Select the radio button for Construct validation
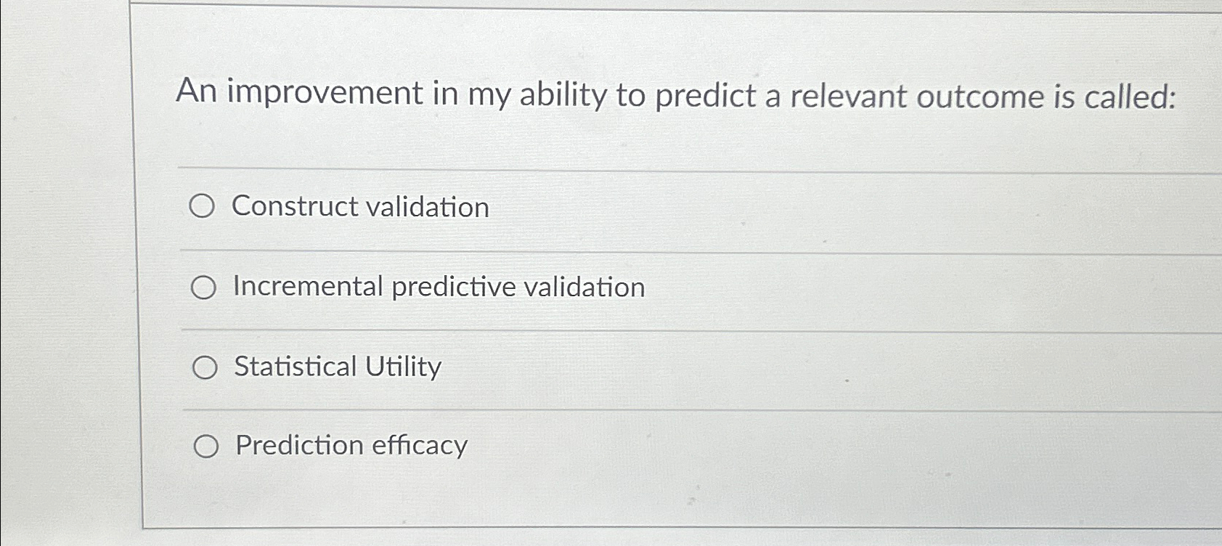pos(202,207)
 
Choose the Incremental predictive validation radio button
pos(203,288)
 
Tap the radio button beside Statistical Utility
pos(205,368)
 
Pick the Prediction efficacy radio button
pos(206,447)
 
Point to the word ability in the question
pos(563,96)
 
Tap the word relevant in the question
pos(847,97)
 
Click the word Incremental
pos(308,286)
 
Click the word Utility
pos(403,367)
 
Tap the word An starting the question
pos(197,92)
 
